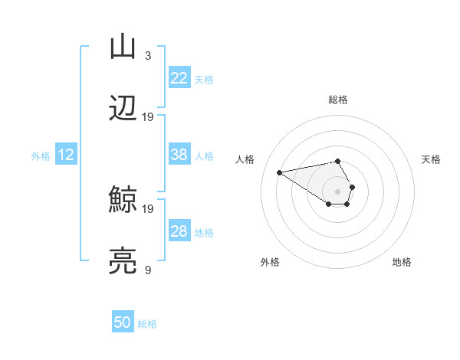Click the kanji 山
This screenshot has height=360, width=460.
pyautogui.click(x=123, y=46)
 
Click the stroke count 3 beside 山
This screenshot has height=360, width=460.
pyautogui.click(x=147, y=55)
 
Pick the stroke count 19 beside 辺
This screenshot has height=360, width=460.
pyautogui.click(x=148, y=116)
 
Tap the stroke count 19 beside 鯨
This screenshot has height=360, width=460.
pyautogui.click(x=148, y=208)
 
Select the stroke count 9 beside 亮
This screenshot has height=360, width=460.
pyautogui.click(x=147, y=270)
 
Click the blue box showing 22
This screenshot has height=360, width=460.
pyautogui.click(x=179, y=78)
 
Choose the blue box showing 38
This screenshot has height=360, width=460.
pyautogui.click(x=179, y=155)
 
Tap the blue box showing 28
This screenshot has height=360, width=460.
pyautogui.click(x=179, y=231)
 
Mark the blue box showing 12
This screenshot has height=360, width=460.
pyautogui.click(x=65, y=155)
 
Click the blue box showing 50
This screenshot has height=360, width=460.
pyautogui.click(x=123, y=322)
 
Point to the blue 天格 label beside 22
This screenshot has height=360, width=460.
pyautogui.click(x=204, y=79)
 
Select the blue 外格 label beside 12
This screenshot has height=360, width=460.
pyautogui.click(x=41, y=156)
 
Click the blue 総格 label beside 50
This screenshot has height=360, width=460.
pyautogui.click(x=147, y=324)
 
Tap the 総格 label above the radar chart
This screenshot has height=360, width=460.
pyautogui.click(x=337, y=100)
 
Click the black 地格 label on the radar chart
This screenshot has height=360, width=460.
pyautogui.click(x=402, y=262)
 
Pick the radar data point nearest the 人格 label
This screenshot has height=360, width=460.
pyautogui.click(x=280, y=172)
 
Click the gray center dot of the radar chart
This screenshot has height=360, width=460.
pyautogui.click(x=337, y=191)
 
